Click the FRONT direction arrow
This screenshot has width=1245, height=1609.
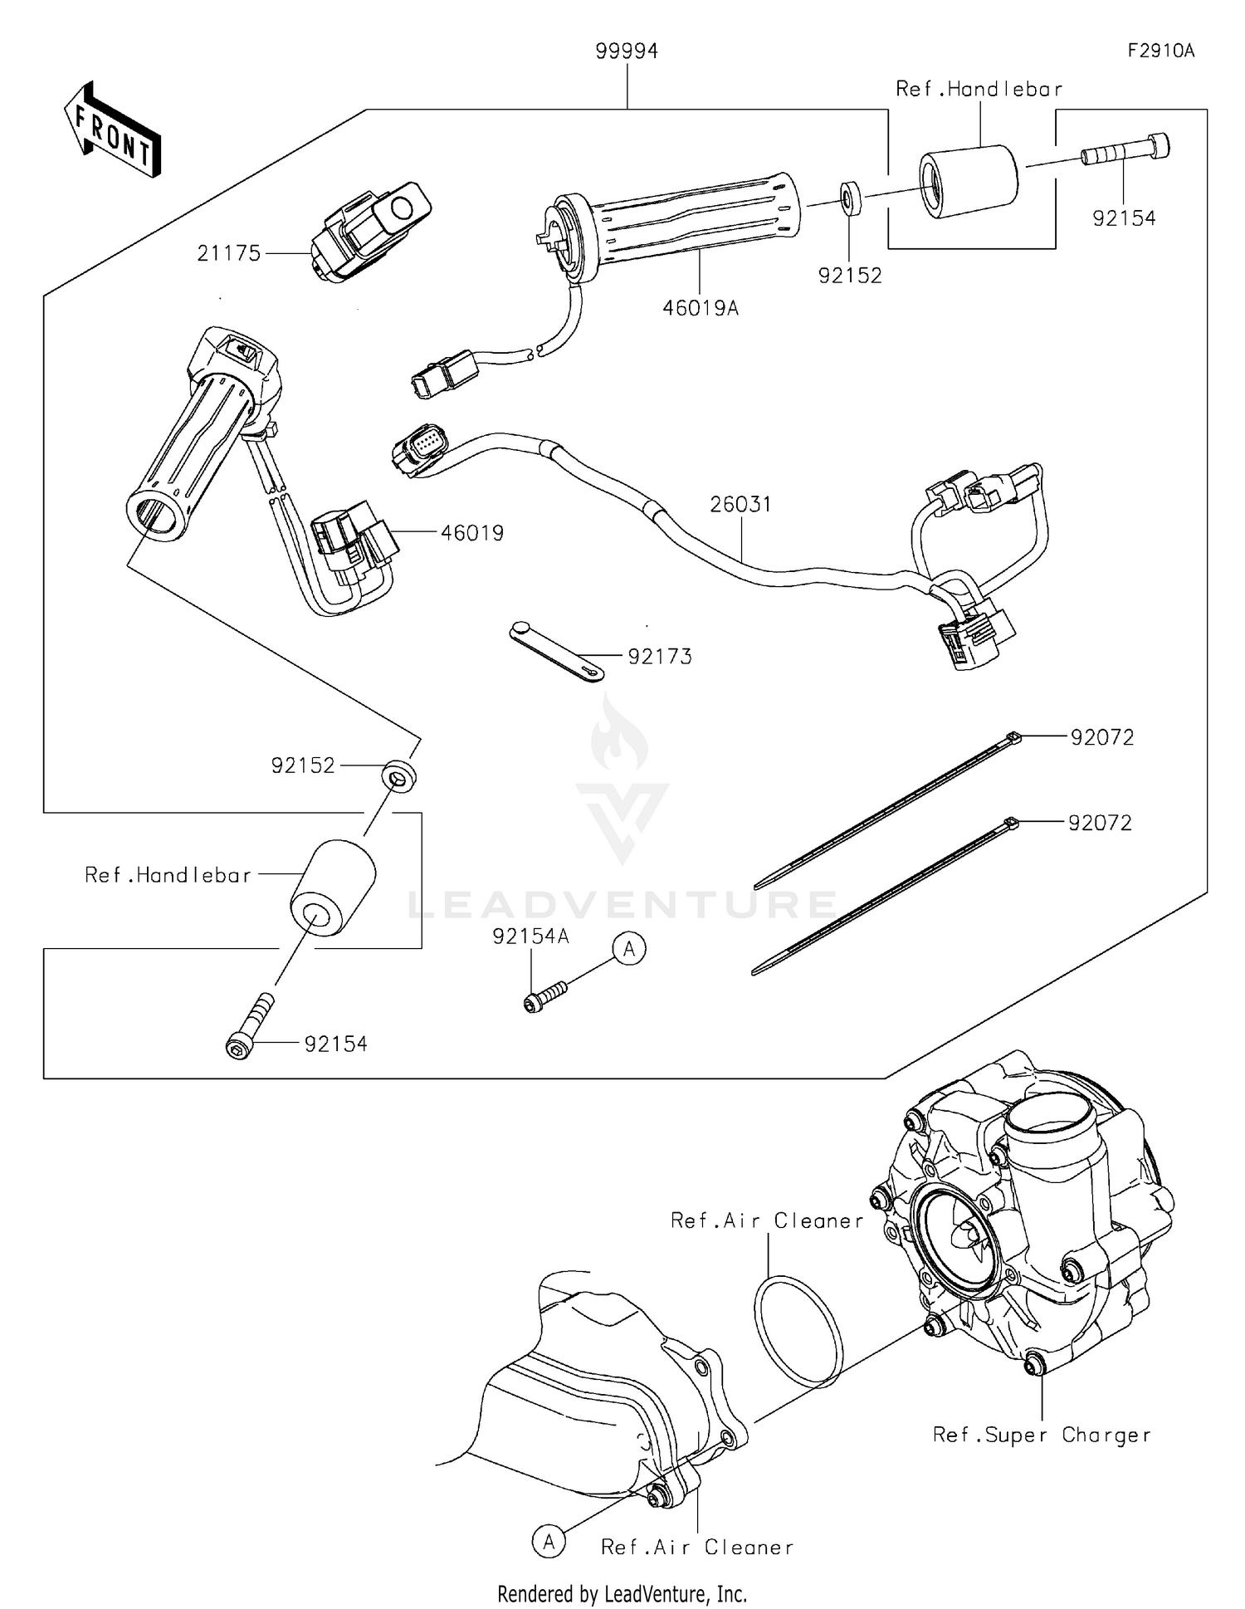[112, 130]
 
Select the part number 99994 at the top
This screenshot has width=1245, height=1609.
[627, 52]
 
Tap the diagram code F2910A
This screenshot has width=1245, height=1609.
[1160, 51]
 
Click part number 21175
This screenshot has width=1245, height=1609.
[228, 253]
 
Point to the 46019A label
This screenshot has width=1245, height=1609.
[700, 309]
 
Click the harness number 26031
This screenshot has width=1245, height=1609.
[740, 504]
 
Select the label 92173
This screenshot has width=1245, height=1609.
[660, 657]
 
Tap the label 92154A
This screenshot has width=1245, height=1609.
[530, 937]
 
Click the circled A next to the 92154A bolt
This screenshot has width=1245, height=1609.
[629, 948]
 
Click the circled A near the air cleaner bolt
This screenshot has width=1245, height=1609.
[549, 1542]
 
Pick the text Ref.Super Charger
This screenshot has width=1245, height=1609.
[1042, 1435]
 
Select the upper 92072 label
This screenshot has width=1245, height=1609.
[1101, 737]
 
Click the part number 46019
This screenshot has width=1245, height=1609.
[471, 533]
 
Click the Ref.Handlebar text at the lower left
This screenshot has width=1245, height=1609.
[168, 875]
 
